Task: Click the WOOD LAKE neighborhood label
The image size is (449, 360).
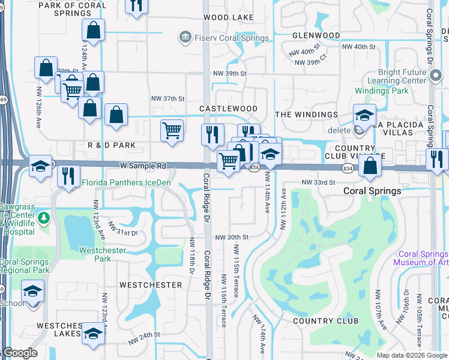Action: (x=228, y=17)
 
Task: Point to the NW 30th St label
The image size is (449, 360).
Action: (x=232, y=237)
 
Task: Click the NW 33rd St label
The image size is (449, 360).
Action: (x=317, y=182)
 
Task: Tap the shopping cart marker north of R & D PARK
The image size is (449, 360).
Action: (x=172, y=130)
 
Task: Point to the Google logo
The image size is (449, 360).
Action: (x=19, y=353)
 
